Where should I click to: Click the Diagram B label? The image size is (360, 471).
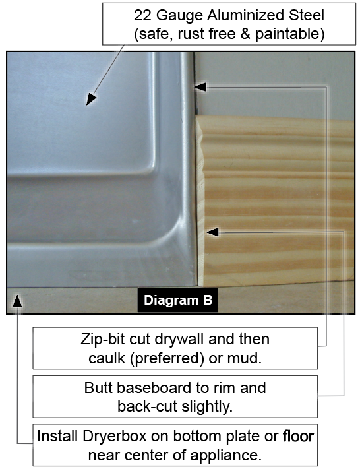click(178, 299)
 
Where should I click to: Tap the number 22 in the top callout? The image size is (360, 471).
click(142, 15)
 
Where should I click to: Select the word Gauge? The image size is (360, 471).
click(179, 16)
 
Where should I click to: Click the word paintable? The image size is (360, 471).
click(289, 34)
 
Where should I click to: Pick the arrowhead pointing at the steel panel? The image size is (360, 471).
click(91, 99)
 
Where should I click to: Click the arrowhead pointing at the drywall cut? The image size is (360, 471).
click(200, 87)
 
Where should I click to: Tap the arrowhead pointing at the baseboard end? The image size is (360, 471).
click(212, 232)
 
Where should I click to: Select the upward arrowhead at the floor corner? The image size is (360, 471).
click(17, 300)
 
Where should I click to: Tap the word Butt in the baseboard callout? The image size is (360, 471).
click(98, 388)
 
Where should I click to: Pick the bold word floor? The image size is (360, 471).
click(299, 436)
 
